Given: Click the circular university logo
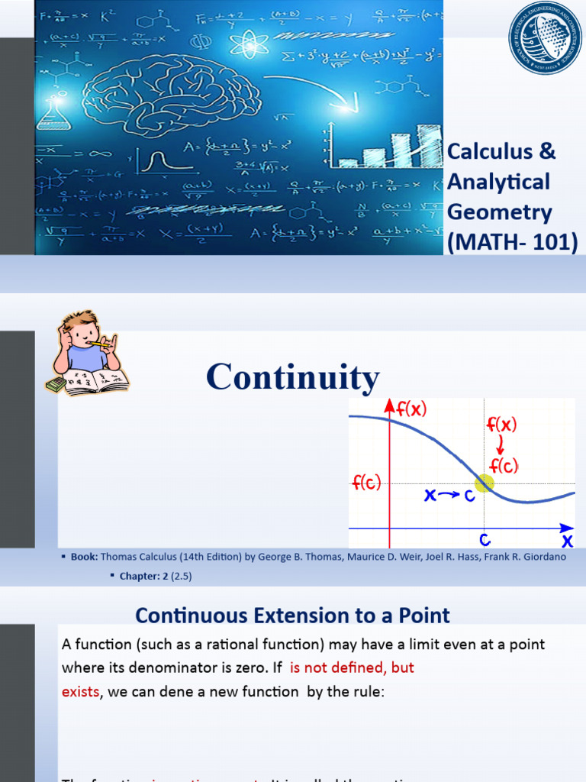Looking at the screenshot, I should point(545,38).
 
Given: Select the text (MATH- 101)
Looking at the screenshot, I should point(513,243).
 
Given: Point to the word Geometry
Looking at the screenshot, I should point(499,212).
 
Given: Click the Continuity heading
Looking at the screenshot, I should point(293,377).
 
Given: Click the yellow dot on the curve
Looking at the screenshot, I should point(485,483).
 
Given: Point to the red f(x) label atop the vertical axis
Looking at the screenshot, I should point(411,409).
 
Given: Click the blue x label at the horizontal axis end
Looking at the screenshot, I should point(567,541).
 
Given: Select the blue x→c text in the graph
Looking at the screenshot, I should point(449,496).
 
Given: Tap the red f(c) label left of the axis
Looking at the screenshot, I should point(366,483).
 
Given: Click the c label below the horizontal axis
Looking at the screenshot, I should point(484,539).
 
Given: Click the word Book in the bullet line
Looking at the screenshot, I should point(83,557).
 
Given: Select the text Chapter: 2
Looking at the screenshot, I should point(144,576).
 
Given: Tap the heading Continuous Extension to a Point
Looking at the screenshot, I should point(292,615).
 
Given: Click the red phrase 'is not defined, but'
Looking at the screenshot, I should point(353,667).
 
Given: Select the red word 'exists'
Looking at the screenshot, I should point(80,691).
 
